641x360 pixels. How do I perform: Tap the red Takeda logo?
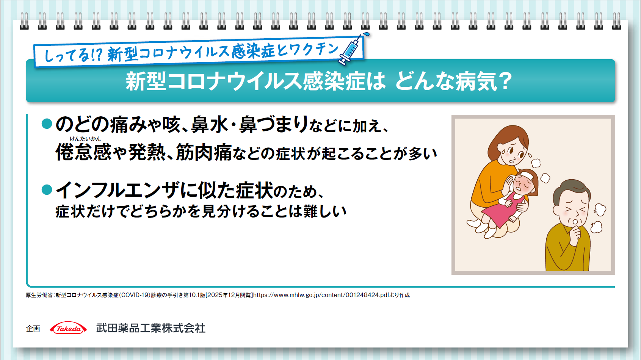(68, 329)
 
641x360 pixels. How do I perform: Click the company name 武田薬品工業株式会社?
(150, 328)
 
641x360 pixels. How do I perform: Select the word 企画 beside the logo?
(33, 329)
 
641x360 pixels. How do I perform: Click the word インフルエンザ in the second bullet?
(118, 190)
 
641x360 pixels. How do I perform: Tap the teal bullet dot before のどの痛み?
(47, 124)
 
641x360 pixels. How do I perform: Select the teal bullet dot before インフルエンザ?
(47, 189)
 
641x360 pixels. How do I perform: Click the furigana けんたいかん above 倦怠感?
(85, 139)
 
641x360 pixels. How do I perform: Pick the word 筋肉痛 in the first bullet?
(204, 152)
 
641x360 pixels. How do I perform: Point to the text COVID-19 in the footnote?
(135, 295)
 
